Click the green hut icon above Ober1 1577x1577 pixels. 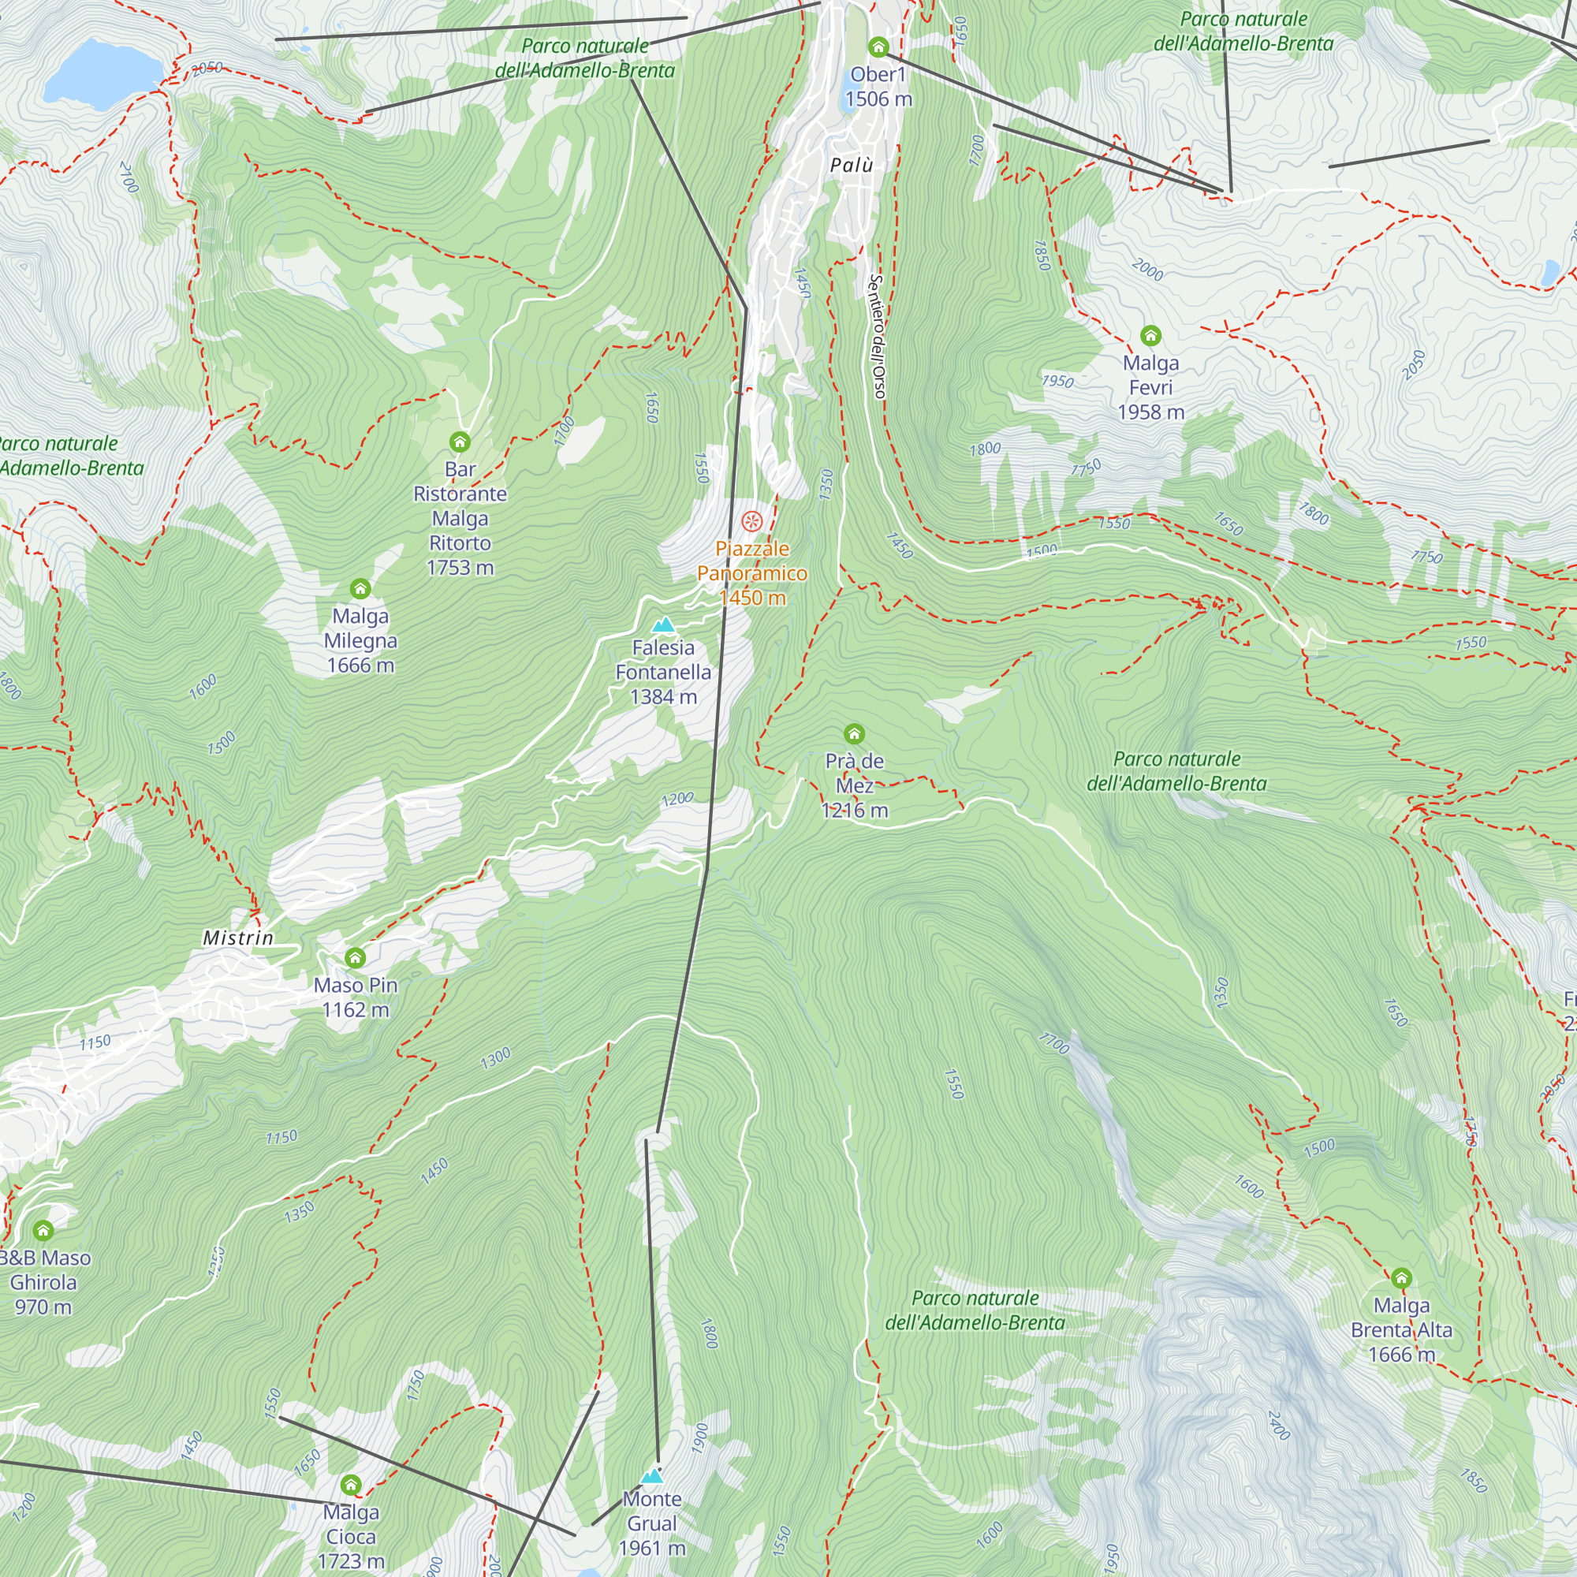(878, 47)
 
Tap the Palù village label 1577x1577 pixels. (852, 166)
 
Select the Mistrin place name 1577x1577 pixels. (238, 938)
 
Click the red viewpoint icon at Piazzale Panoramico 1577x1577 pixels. (751, 520)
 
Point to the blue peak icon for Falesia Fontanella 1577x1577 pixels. (664, 625)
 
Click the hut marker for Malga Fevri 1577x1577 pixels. (1150, 335)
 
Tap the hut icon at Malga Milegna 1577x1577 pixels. (360, 588)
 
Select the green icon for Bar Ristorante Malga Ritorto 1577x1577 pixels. (460, 442)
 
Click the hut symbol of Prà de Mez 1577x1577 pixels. (854, 734)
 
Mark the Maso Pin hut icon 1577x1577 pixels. (355, 957)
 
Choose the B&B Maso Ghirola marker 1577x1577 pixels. (43, 1230)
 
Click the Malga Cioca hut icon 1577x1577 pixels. (350, 1485)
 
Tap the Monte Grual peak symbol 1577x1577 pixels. (651, 1476)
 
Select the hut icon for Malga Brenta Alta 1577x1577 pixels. (1400, 1277)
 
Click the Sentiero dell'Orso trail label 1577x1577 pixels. (877, 337)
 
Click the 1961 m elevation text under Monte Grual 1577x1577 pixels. (651, 1549)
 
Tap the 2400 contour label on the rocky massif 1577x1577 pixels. (1278, 1425)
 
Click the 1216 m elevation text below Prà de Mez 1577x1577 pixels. (855, 811)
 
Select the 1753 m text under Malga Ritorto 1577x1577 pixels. (460, 567)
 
